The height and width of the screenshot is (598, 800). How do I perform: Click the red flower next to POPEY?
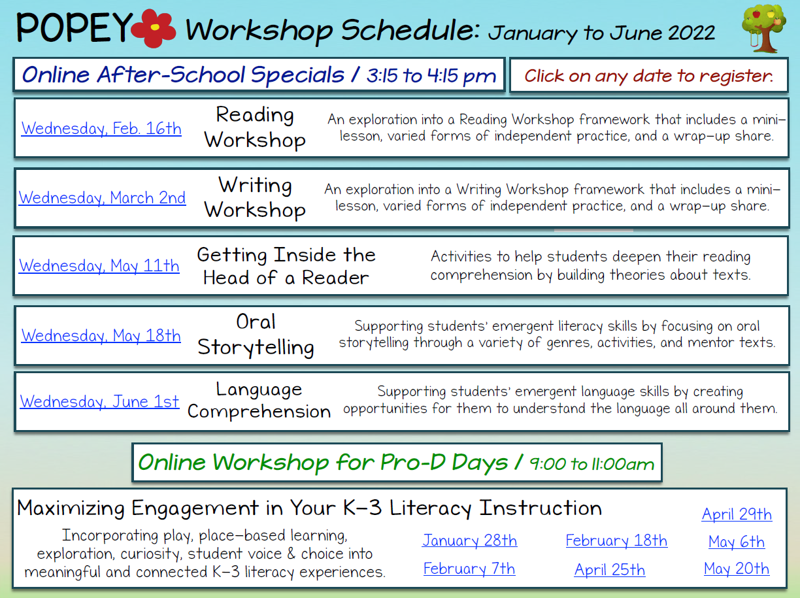click(154, 28)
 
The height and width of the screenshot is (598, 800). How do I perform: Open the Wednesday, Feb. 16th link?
click(101, 129)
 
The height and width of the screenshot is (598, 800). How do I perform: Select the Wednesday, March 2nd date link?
click(102, 198)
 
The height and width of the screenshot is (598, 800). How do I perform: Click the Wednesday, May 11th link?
click(99, 265)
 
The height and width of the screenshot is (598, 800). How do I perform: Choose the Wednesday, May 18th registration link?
click(101, 335)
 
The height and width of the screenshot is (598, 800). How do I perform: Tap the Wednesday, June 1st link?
click(99, 401)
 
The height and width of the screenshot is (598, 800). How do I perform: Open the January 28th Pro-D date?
click(469, 540)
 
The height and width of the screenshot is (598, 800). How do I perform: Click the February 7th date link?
click(469, 569)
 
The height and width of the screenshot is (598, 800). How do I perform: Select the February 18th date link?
click(616, 540)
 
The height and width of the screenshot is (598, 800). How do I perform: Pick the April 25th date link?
click(610, 570)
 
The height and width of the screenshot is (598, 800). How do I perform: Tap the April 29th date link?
click(737, 514)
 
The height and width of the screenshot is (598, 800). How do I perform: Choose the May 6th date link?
click(736, 542)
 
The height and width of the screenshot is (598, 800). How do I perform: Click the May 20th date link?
click(737, 569)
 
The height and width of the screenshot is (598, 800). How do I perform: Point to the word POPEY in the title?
click(75, 27)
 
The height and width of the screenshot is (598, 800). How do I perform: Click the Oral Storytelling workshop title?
click(256, 335)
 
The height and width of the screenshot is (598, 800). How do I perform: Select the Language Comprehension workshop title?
click(259, 401)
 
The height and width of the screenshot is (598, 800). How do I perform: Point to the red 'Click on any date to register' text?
click(649, 76)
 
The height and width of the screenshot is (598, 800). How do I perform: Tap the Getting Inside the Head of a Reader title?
click(286, 267)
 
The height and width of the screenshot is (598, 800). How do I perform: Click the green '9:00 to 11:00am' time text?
click(592, 464)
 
